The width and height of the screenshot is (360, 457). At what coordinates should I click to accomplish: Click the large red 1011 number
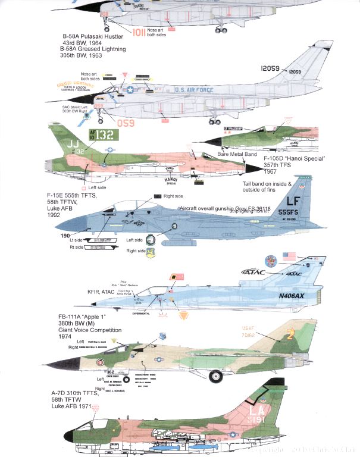click(x=143, y=33)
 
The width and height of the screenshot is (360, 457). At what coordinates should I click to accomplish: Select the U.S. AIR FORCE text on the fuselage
click(x=194, y=89)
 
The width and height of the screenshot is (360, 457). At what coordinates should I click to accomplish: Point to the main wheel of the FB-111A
click(x=215, y=376)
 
